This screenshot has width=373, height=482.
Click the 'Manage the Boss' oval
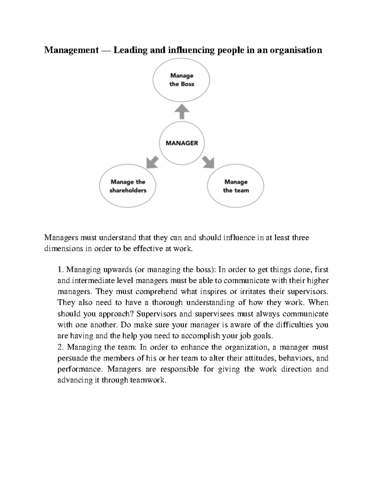point(181,80)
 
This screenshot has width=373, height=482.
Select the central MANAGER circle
point(182,143)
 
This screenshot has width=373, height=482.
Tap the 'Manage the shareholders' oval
point(128,186)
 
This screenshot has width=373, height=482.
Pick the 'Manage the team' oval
point(236,186)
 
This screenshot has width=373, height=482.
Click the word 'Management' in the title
point(71,50)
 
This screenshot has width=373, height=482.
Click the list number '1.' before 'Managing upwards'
point(61,269)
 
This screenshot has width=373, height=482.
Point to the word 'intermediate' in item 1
point(90,281)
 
